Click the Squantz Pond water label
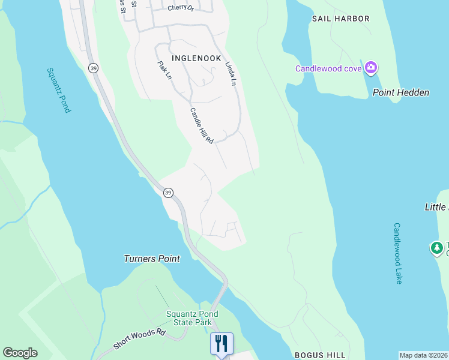point(59,90)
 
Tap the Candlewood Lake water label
point(397,253)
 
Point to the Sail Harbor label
point(341,19)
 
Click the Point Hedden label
point(401,92)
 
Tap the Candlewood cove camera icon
point(371,68)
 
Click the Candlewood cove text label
point(328,68)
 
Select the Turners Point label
point(152,259)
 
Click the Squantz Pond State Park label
point(192,318)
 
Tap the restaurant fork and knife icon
point(221,343)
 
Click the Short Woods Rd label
point(139,340)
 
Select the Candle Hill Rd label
point(202,125)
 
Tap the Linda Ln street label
point(230,73)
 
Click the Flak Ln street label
point(164,71)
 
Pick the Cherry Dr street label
point(181,8)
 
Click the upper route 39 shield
point(93,68)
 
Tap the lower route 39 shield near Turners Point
point(168,193)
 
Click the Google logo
point(20,353)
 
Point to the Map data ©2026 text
point(423,355)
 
